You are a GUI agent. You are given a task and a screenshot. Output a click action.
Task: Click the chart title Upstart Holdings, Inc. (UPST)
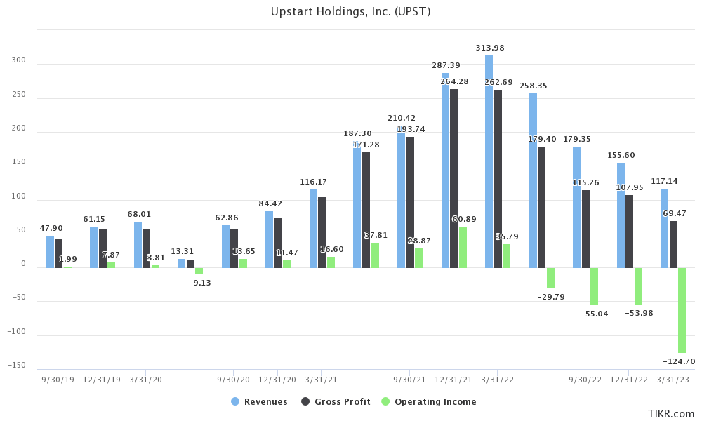pos(350,12)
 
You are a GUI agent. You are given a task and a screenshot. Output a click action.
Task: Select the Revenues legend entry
pos(259,402)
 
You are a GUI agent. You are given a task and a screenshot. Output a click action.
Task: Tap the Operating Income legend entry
pos(428,402)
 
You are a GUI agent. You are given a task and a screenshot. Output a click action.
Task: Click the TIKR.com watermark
pos(671,414)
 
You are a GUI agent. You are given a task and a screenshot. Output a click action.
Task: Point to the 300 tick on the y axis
pos(19,60)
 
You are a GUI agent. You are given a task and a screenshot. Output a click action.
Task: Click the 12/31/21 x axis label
pos(453,380)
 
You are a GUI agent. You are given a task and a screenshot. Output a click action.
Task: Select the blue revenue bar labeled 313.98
pos(489,161)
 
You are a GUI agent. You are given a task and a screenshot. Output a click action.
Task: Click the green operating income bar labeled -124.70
pos(682,310)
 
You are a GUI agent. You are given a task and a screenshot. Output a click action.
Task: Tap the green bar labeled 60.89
pos(463,247)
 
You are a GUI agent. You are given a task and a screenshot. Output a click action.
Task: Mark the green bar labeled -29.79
pos(550,278)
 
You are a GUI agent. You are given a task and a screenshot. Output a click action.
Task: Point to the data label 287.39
pos(446,65)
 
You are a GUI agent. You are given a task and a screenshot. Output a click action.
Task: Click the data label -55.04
pos(595,314)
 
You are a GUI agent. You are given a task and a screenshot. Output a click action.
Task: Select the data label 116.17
pos(313,182)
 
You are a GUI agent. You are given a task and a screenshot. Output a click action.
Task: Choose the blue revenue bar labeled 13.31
pos(182,263)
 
